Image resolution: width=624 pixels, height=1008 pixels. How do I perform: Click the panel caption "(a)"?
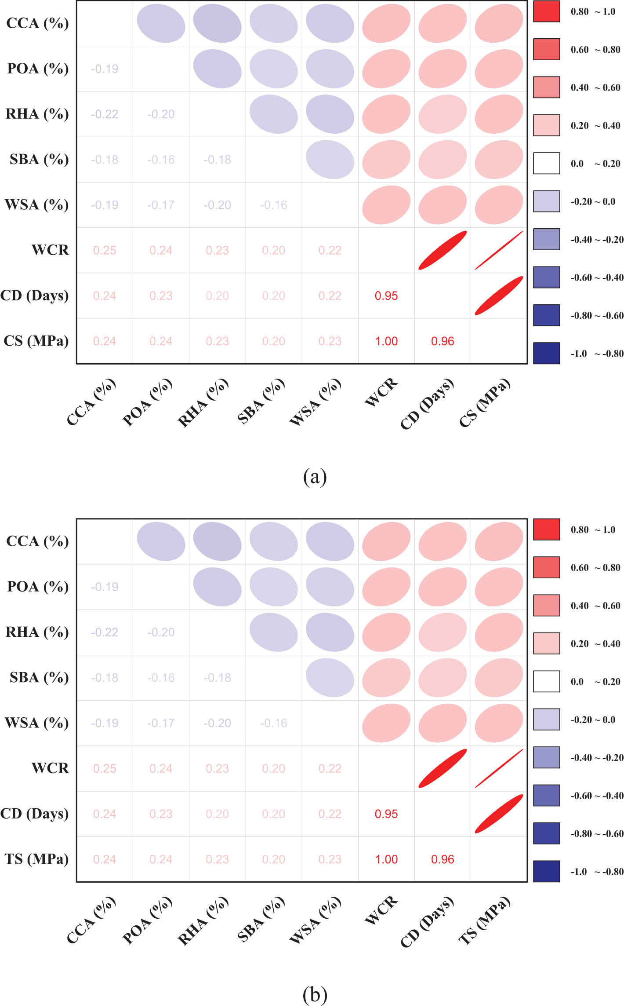coord(315,476)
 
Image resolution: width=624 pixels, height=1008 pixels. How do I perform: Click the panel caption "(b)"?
coord(315,994)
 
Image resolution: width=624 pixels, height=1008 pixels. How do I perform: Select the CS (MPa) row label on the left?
coord(36,341)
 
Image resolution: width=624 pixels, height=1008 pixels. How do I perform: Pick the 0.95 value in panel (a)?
coord(386,296)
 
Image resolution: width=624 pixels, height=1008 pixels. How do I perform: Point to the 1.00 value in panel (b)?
coord(386,859)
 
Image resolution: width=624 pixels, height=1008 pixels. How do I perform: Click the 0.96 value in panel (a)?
coord(443,341)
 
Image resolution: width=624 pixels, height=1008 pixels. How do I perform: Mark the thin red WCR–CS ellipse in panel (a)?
coord(499,250)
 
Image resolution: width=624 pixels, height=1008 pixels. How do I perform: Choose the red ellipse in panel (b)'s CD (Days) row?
coord(499,814)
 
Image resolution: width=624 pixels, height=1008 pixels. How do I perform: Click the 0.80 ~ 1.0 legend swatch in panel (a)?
coord(546,11)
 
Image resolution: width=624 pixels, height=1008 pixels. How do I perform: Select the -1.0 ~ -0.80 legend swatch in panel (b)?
coord(546,871)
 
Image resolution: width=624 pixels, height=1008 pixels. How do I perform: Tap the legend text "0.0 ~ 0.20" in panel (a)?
coord(595,164)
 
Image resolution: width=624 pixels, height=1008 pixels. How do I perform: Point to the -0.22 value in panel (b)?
coord(105,632)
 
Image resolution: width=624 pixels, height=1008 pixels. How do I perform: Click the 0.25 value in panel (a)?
coord(105,250)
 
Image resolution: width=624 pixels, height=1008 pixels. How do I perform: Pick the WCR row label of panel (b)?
coord(50,768)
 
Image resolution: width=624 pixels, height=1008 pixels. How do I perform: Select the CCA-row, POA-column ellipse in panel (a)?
coord(161,23)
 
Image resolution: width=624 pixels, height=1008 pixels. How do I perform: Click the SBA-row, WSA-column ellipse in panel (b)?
coord(330,677)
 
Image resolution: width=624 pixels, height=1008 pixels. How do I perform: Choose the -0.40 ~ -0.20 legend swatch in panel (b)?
coord(546,757)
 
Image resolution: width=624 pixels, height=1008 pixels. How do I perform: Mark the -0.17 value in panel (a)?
coord(161,205)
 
